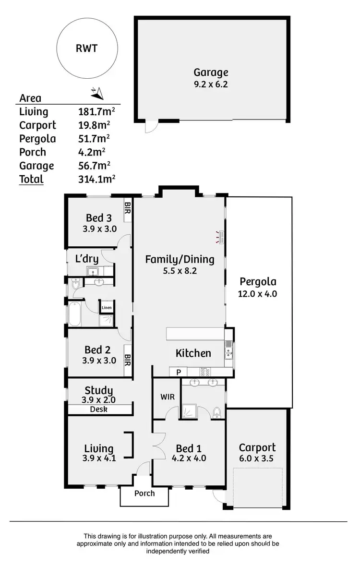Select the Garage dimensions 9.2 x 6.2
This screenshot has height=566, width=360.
coord(211,84)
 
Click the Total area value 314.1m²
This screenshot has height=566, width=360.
coord(96,179)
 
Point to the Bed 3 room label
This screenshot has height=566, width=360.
coord(99,217)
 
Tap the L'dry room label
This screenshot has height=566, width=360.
coord(87,259)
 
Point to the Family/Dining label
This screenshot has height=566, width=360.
coord(180,260)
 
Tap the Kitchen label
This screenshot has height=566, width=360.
coord(193,353)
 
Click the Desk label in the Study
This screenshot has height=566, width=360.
coord(99,409)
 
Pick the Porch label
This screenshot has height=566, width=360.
coord(144,493)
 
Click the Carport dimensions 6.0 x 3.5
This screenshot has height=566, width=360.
coord(257,458)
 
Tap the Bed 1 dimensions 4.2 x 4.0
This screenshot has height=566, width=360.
coord(189,458)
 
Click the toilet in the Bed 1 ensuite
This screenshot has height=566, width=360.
coord(217,412)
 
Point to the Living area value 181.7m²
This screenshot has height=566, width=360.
coord(96,112)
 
